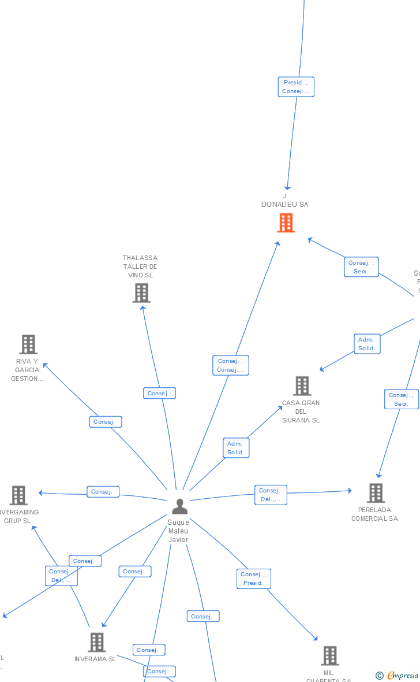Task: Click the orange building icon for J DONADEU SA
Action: pos(286,223)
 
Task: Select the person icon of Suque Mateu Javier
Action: pos(179,506)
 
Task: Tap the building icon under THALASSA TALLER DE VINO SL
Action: pos(141,293)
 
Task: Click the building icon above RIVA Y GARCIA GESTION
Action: pos(28,344)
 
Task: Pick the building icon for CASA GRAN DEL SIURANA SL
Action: pos(302,386)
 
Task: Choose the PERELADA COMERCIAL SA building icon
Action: pos(376,493)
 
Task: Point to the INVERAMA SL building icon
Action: pos(96,642)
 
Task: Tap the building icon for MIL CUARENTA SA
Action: pos(329,655)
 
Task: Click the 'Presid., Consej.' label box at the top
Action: pos(296,87)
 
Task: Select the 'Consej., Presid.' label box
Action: pos(253,579)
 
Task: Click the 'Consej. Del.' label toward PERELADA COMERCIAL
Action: pos(270,495)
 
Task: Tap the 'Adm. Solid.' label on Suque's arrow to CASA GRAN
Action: pos(235,448)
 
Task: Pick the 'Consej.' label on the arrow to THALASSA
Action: pos(159,393)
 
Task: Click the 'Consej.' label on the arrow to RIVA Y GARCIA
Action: pos(105,421)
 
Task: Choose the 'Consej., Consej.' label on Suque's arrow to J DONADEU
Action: pos(230,365)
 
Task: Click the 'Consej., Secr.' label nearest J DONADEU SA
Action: pos(361,267)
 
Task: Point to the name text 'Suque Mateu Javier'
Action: pos(178,531)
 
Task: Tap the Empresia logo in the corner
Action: pos(398,675)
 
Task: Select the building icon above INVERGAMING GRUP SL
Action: pos(18,495)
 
